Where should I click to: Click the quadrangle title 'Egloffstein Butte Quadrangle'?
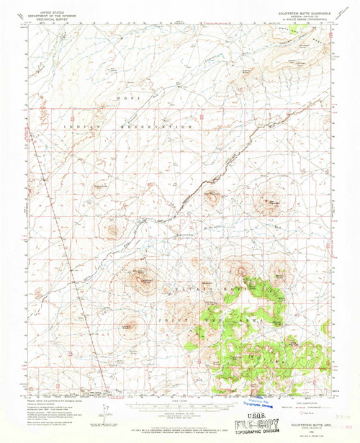pyautogui.click(x=301, y=11)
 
